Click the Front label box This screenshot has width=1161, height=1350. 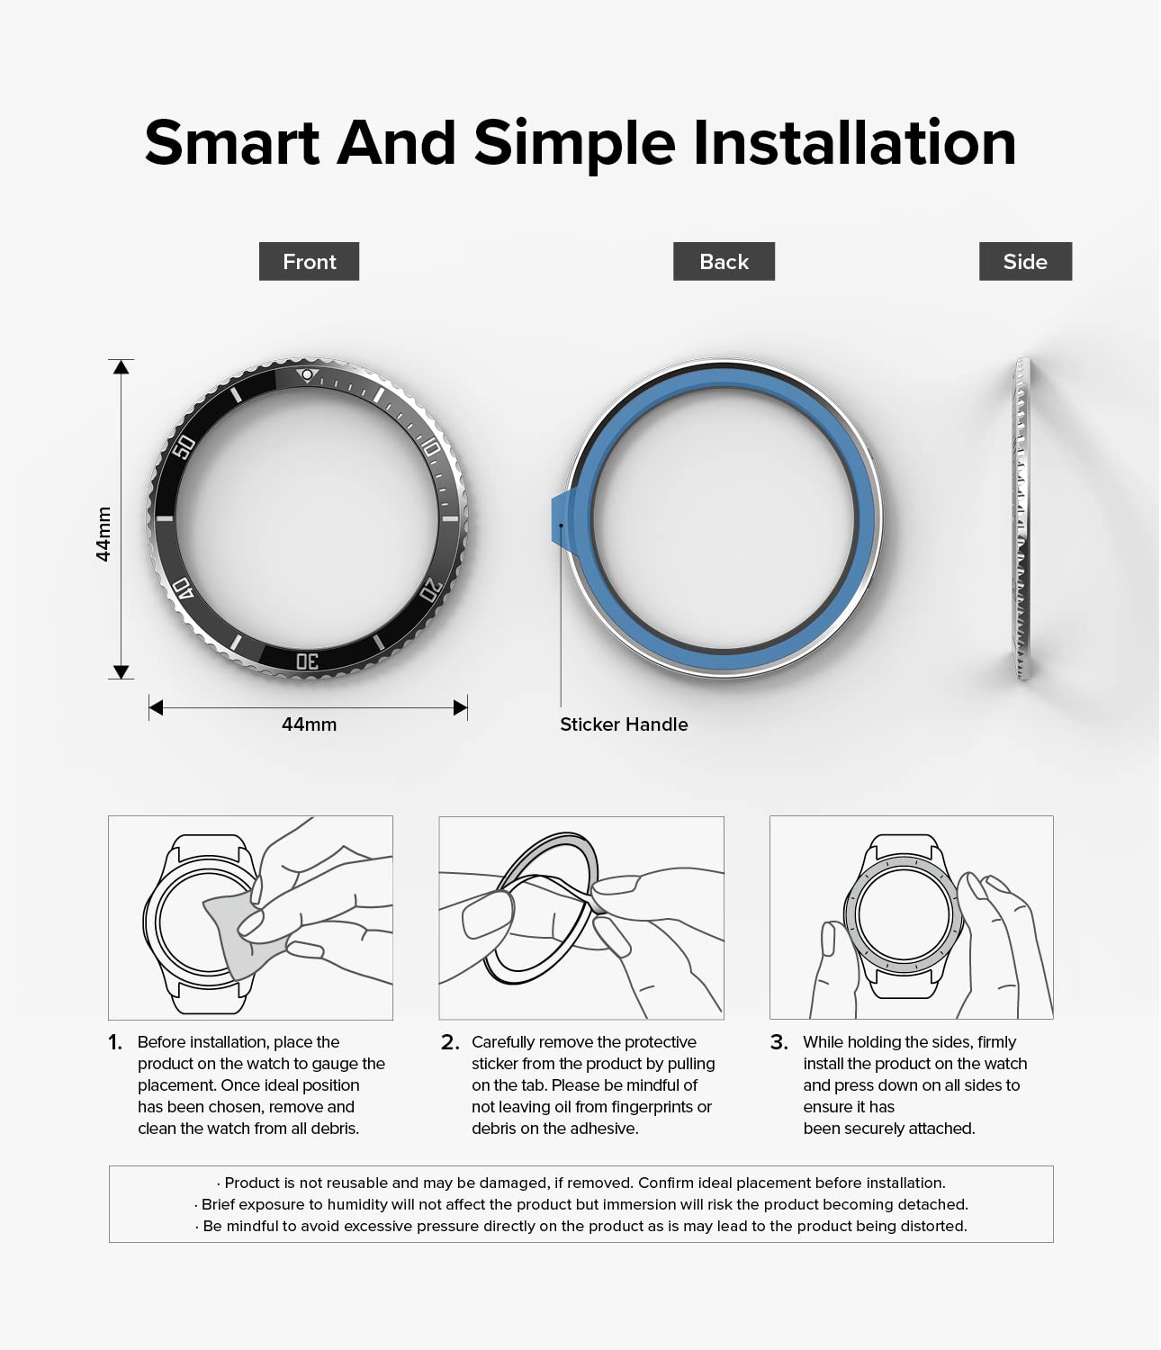coord(309,261)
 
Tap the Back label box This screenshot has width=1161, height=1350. coord(724,261)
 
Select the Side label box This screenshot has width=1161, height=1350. coord(1025,261)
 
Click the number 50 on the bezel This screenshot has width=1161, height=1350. coord(184,446)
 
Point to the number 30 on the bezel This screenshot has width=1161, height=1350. coord(307,661)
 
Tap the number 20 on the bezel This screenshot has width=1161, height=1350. coord(430,590)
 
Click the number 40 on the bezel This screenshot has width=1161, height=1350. coord(183,588)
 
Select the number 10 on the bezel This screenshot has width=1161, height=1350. coord(430,447)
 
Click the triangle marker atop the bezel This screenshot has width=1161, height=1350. coord(307,375)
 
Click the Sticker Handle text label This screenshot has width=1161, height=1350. coord(624,724)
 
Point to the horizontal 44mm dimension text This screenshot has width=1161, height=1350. coord(309,724)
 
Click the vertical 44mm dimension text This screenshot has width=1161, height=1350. coord(103,534)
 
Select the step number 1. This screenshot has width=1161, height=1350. coord(115,1042)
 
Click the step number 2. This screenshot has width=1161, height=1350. coord(450,1042)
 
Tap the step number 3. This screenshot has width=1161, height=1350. coord(779,1042)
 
